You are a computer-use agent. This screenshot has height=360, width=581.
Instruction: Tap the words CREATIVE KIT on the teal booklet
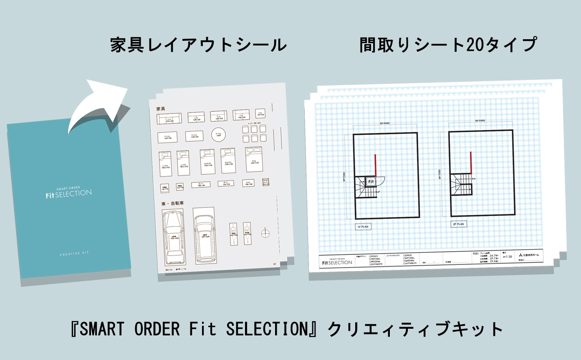point(74,254)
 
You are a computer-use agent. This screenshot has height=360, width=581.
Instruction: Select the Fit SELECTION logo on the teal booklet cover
point(69,193)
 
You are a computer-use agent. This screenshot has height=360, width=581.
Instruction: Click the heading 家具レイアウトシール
point(199,45)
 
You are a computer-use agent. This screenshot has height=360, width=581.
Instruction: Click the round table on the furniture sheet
point(217,134)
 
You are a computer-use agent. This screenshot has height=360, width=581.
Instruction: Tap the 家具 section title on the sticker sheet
point(161,108)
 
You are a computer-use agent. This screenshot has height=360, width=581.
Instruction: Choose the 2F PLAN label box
point(458,224)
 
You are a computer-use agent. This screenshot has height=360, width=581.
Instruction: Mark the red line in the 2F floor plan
point(471,163)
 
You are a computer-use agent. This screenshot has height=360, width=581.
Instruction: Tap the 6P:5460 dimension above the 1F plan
point(384,124)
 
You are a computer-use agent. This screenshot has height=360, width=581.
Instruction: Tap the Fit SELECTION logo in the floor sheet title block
point(337,261)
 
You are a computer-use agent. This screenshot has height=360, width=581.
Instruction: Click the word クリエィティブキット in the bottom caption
point(416,330)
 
